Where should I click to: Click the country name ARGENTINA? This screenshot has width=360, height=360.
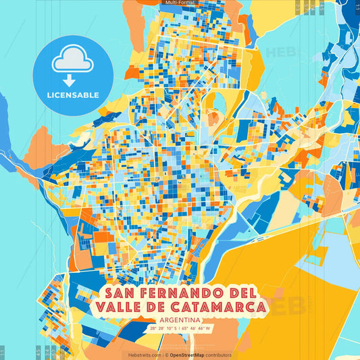pos(180,320)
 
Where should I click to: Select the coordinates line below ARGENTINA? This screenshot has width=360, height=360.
pos(180,329)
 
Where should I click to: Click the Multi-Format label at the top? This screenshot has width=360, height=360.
pos(180,3)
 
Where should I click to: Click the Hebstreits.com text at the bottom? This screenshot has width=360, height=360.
pos(143,355)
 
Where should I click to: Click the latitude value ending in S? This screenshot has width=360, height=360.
pos(163,329)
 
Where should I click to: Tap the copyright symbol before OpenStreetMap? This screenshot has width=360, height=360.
pos(166,355)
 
